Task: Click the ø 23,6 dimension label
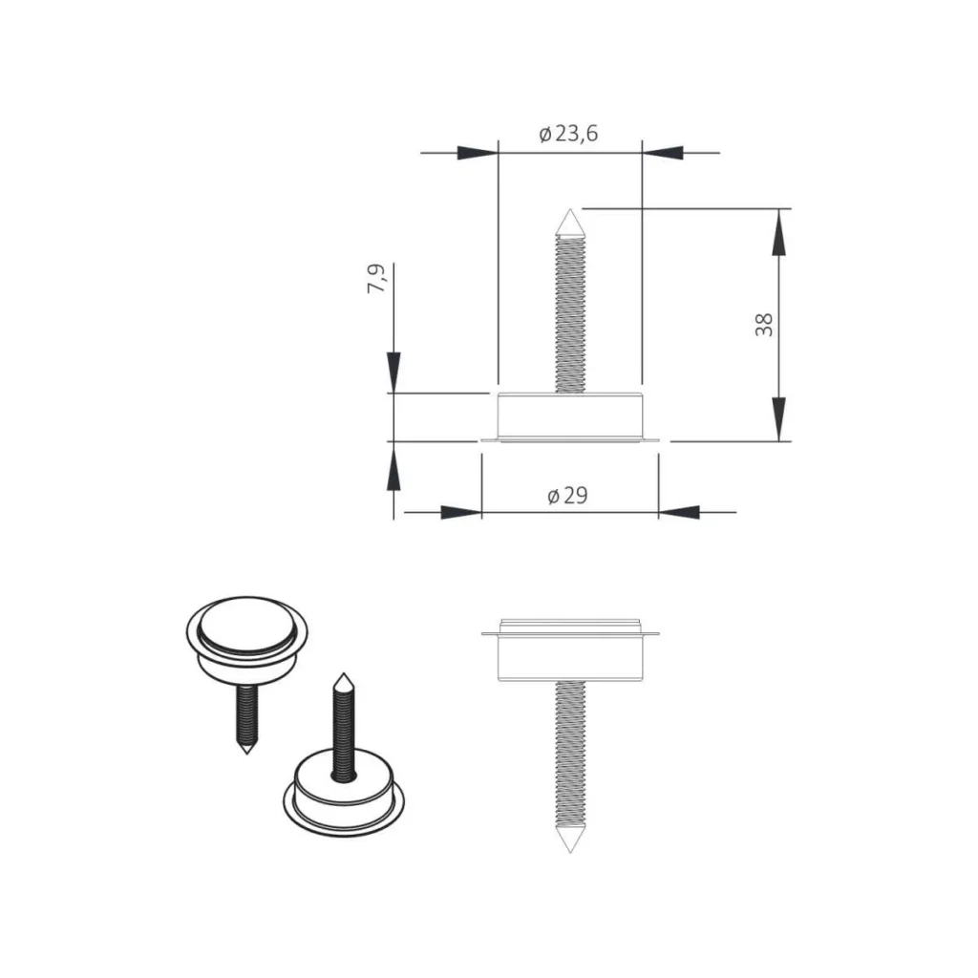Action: click(x=568, y=134)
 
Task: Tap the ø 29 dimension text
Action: click(x=567, y=496)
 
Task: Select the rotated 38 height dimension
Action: click(x=764, y=325)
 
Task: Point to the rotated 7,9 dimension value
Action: click(x=376, y=279)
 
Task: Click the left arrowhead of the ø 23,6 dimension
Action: click(x=478, y=152)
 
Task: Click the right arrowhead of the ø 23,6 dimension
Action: click(x=663, y=152)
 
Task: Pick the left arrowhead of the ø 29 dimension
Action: click(x=461, y=513)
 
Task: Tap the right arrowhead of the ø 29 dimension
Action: click(x=679, y=513)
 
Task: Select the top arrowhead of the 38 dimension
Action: click(x=777, y=232)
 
